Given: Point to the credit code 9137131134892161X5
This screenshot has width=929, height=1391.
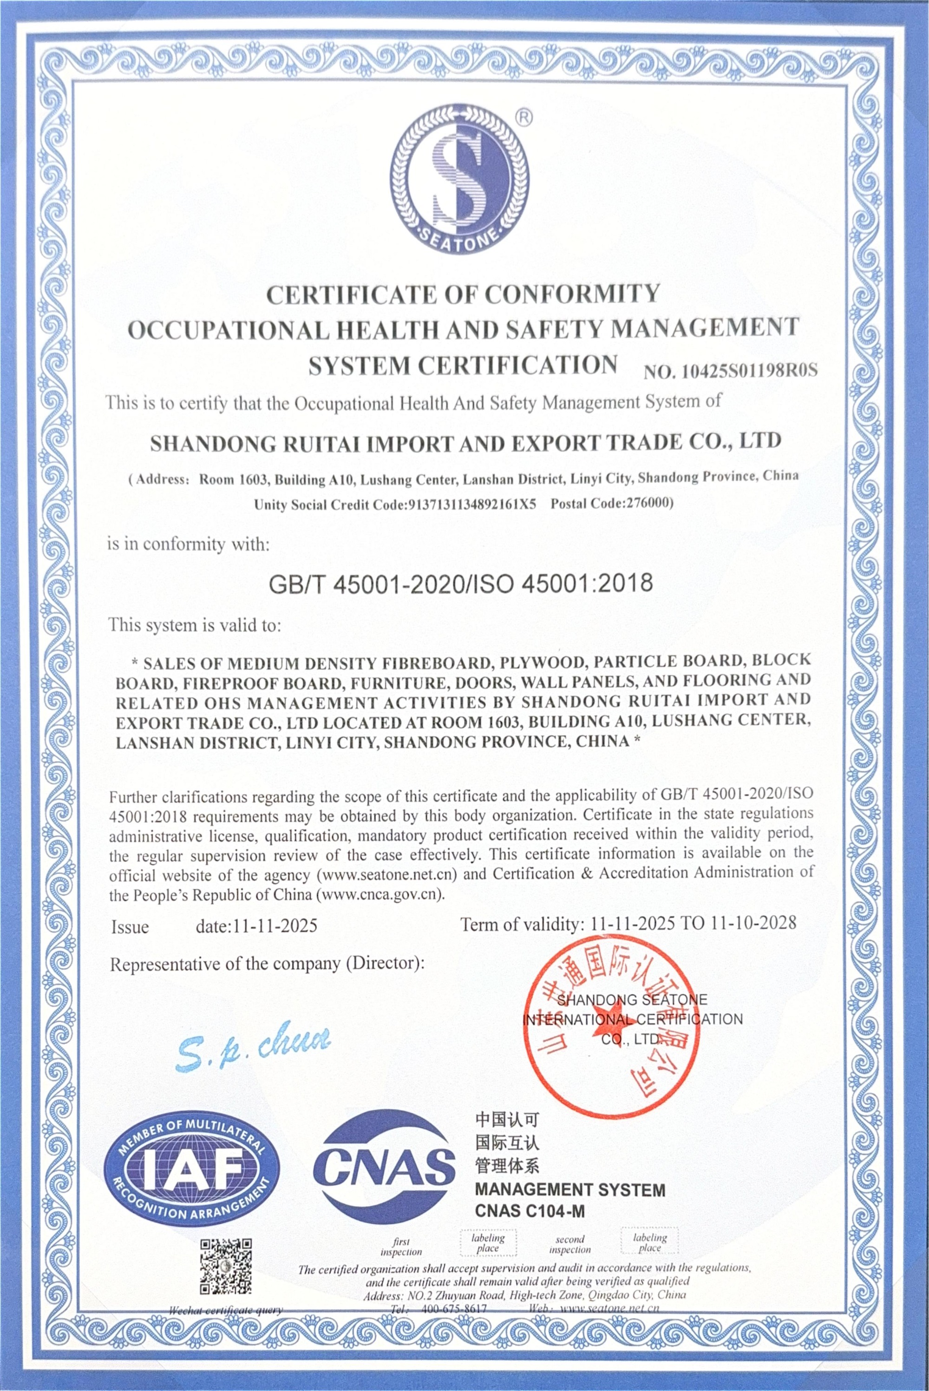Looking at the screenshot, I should click(471, 505).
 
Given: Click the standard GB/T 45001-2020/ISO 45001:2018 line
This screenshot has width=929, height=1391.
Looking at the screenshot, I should click(461, 583).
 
